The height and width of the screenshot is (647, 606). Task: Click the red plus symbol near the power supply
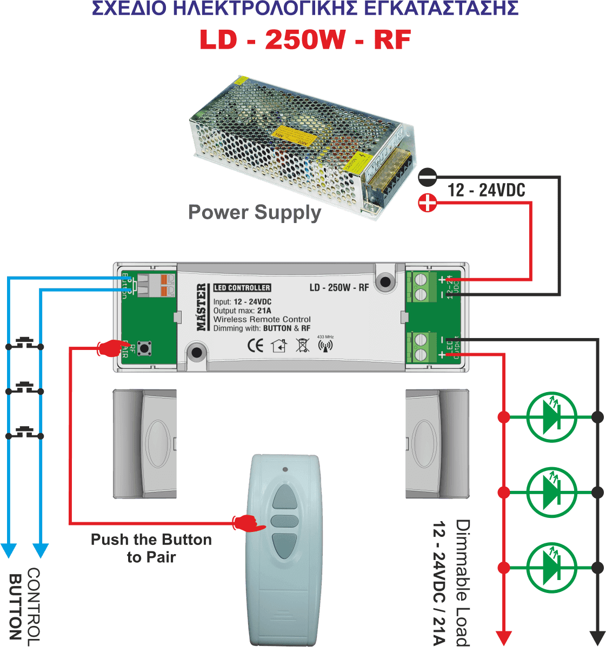[x=428, y=203]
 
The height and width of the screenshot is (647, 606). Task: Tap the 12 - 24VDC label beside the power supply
[x=486, y=190]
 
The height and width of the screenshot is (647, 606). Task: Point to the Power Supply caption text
[x=255, y=212]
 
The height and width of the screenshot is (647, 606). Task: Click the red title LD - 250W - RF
[x=305, y=39]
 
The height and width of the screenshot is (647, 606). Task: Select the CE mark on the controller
[x=255, y=345]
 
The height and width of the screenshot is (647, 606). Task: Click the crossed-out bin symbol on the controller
[x=303, y=345]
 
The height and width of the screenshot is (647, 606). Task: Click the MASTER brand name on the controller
[x=202, y=307]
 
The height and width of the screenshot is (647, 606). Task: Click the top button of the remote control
[x=284, y=496]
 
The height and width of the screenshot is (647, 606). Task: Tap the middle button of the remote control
[x=284, y=521]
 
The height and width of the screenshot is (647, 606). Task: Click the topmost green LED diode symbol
[x=551, y=417]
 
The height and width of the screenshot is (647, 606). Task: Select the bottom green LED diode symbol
[x=551, y=568]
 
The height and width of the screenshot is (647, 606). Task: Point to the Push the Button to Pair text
[x=151, y=548]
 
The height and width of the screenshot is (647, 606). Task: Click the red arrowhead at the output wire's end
[x=504, y=637]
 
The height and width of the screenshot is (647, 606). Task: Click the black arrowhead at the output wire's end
[x=597, y=637]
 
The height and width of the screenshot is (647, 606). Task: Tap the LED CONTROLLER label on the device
[x=242, y=288]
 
